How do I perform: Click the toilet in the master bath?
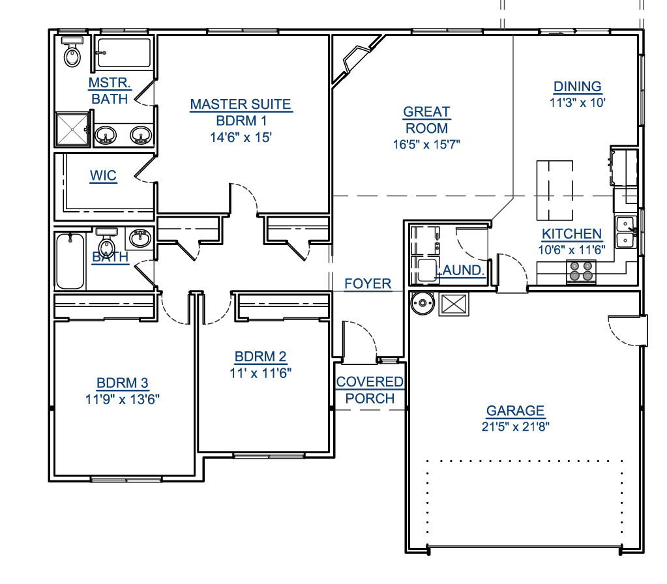click(x=72, y=51)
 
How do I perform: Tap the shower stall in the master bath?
click(x=73, y=129)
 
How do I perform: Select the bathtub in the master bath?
click(x=123, y=53)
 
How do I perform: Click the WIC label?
click(x=103, y=176)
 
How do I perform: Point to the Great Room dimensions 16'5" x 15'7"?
click(x=426, y=145)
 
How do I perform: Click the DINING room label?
click(x=577, y=86)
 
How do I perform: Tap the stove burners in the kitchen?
click(x=581, y=271)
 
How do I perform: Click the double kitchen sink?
click(x=627, y=231)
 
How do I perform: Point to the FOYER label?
click(x=368, y=284)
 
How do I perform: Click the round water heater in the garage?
click(x=422, y=303)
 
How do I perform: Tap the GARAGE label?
click(x=515, y=411)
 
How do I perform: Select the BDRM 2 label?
click(x=260, y=357)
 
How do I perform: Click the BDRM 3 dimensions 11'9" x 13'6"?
click(x=123, y=400)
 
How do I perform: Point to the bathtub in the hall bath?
click(x=70, y=261)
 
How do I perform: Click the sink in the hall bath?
click(x=140, y=238)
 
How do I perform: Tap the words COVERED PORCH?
click(x=370, y=390)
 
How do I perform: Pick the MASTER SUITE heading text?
click(x=241, y=104)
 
